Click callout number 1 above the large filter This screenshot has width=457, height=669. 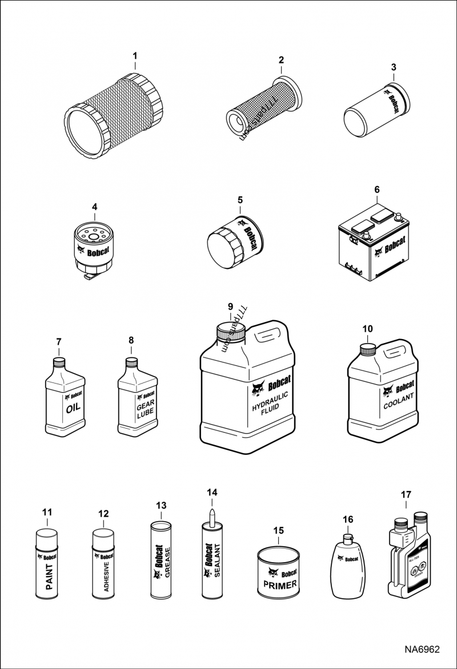135,56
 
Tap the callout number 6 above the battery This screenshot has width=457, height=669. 376,189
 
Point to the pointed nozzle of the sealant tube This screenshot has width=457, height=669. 211,511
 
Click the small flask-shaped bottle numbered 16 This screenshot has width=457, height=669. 347,568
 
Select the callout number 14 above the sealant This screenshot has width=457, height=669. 212,492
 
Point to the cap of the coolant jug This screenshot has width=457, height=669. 367,349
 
